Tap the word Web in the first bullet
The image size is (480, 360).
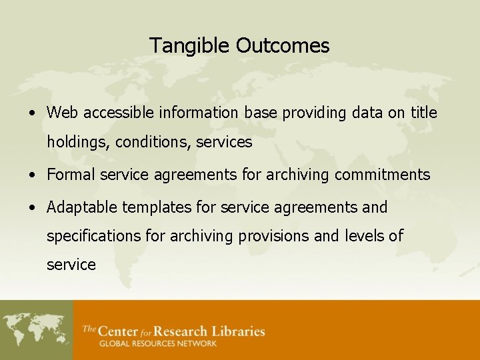pyautogui.click(x=63, y=113)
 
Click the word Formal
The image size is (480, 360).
pyautogui.click(x=71, y=175)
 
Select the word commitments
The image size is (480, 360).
pyautogui.click(x=382, y=175)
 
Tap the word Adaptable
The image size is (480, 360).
pyautogui.click(x=79, y=207)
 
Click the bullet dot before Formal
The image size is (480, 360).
pyautogui.click(x=32, y=175)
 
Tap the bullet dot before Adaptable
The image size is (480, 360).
pyautogui.click(x=32, y=208)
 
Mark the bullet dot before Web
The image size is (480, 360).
pyautogui.click(x=32, y=113)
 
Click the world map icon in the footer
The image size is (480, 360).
pyautogui.click(x=36, y=331)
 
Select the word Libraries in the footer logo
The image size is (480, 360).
pyautogui.click(x=238, y=331)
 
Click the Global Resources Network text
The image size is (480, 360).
pyautogui.click(x=157, y=344)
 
